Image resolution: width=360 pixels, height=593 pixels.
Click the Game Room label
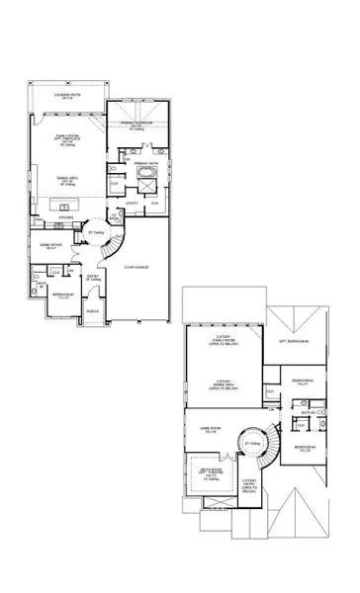[209, 429]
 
